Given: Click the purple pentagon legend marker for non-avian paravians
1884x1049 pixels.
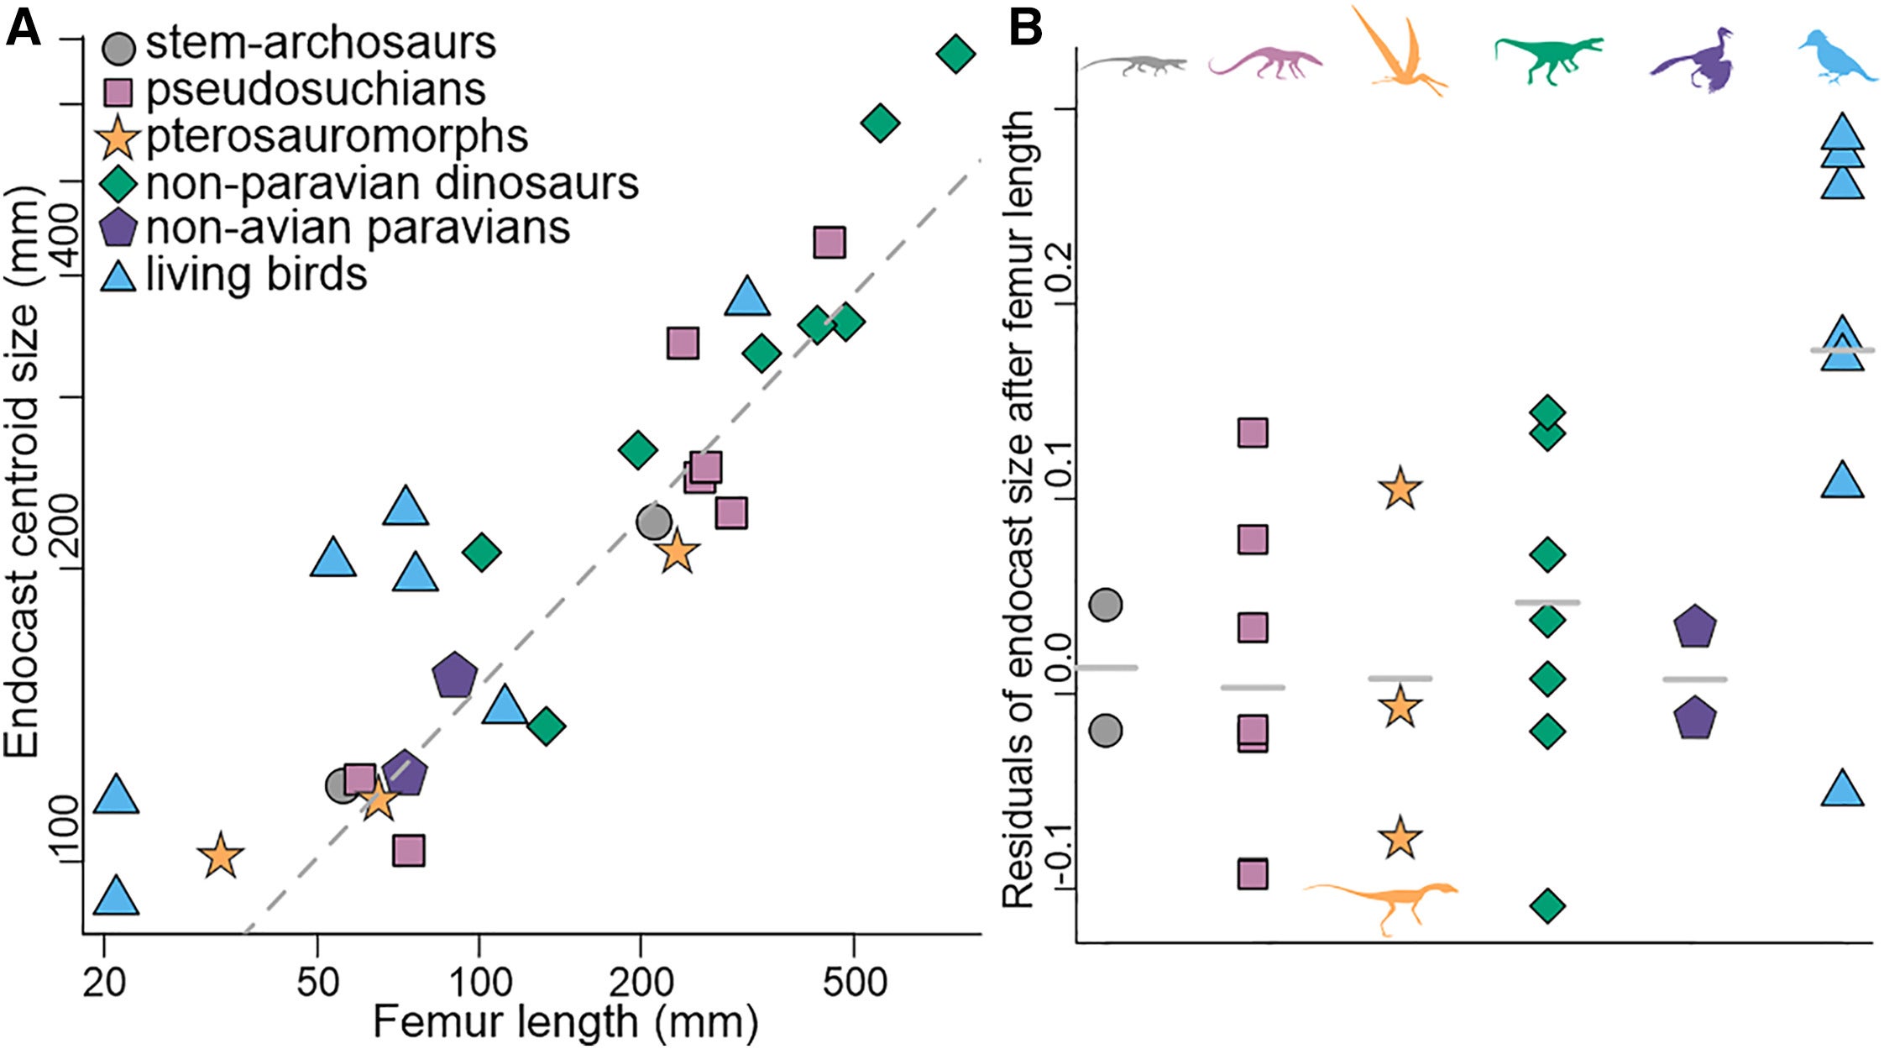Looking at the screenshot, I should click(x=119, y=228).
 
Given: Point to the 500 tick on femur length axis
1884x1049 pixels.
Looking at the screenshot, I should click(x=854, y=981).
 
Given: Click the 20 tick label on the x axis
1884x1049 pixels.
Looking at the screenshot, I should click(x=104, y=981).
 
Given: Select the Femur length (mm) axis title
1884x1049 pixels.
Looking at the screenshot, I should click(x=565, y=1022).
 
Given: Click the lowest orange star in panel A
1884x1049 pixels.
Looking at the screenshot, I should click(x=221, y=857).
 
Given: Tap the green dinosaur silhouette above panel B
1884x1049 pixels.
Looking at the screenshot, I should click(x=1546, y=58).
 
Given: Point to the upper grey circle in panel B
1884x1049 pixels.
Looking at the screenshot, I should click(x=1107, y=605).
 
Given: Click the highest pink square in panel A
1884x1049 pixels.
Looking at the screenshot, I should click(x=829, y=243).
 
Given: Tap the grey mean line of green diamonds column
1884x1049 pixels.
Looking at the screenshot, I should click(x=1546, y=602).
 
